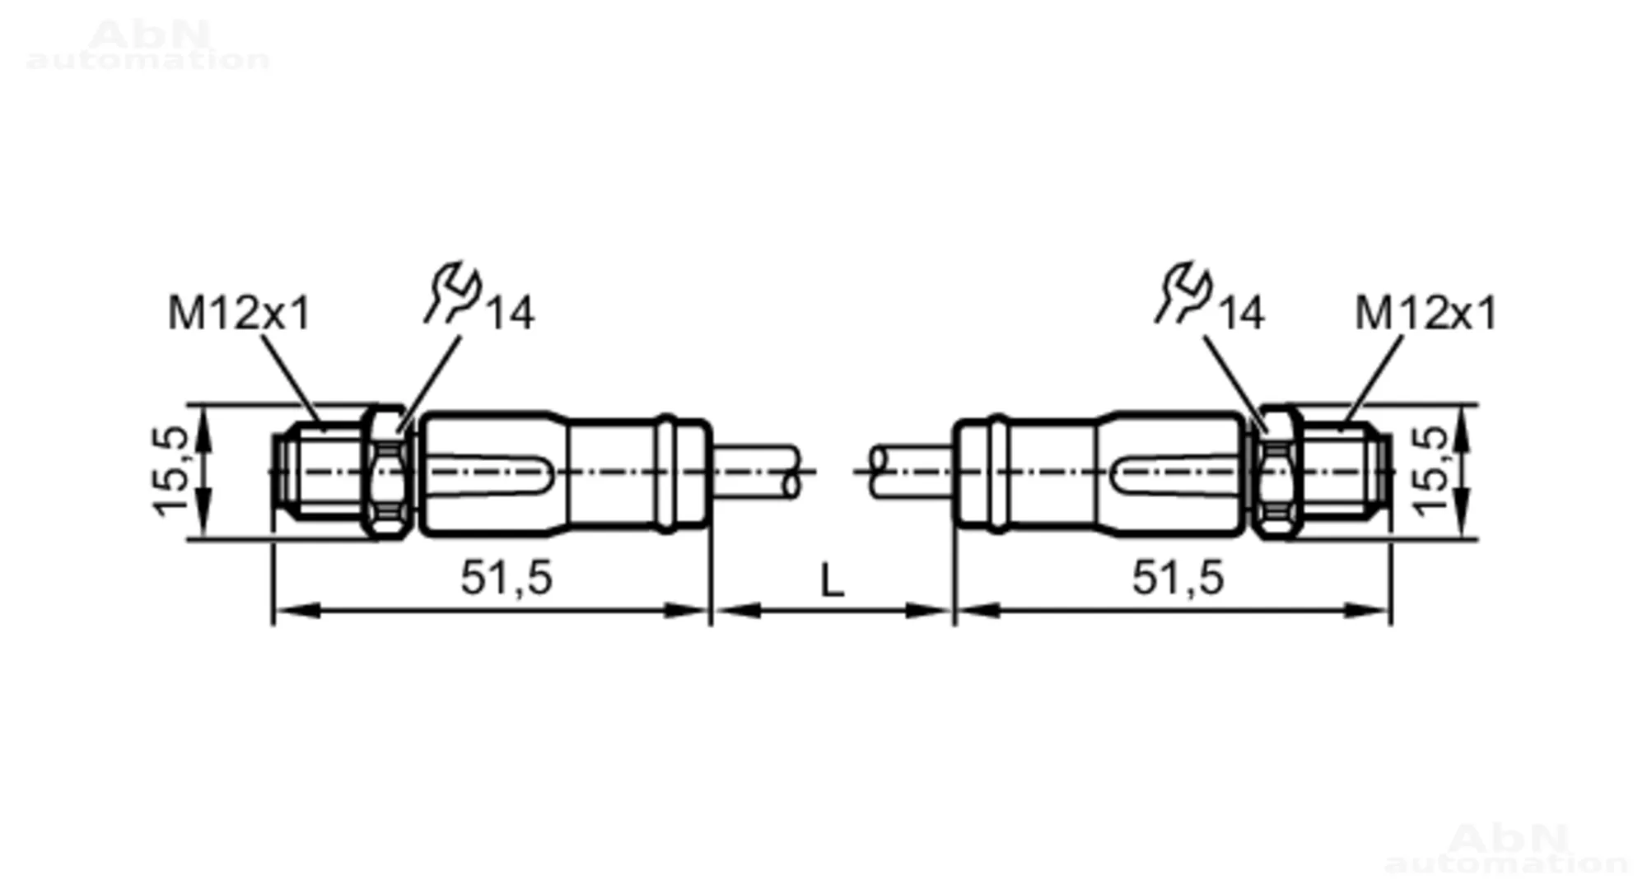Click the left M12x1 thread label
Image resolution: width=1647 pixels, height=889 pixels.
(x=239, y=313)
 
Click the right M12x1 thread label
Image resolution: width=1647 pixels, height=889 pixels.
(x=1425, y=313)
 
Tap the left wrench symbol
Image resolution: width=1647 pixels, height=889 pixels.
(x=452, y=292)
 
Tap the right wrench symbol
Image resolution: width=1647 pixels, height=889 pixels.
(x=1183, y=292)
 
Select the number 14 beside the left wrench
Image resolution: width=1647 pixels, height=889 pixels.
(x=511, y=313)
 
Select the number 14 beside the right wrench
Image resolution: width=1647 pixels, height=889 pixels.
(x=1241, y=313)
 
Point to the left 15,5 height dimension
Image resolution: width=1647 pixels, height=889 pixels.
(x=170, y=472)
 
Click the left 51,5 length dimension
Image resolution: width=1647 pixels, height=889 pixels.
(x=506, y=577)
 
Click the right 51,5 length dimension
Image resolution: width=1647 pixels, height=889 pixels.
(x=1178, y=577)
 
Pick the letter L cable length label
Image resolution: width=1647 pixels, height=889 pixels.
(x=833, y=581)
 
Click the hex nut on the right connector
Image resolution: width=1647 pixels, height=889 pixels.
(x=1277, y=472)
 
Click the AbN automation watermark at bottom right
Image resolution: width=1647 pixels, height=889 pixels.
(x=1506, y=849)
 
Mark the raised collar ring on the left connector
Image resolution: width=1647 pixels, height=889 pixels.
(x=666, y=473)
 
